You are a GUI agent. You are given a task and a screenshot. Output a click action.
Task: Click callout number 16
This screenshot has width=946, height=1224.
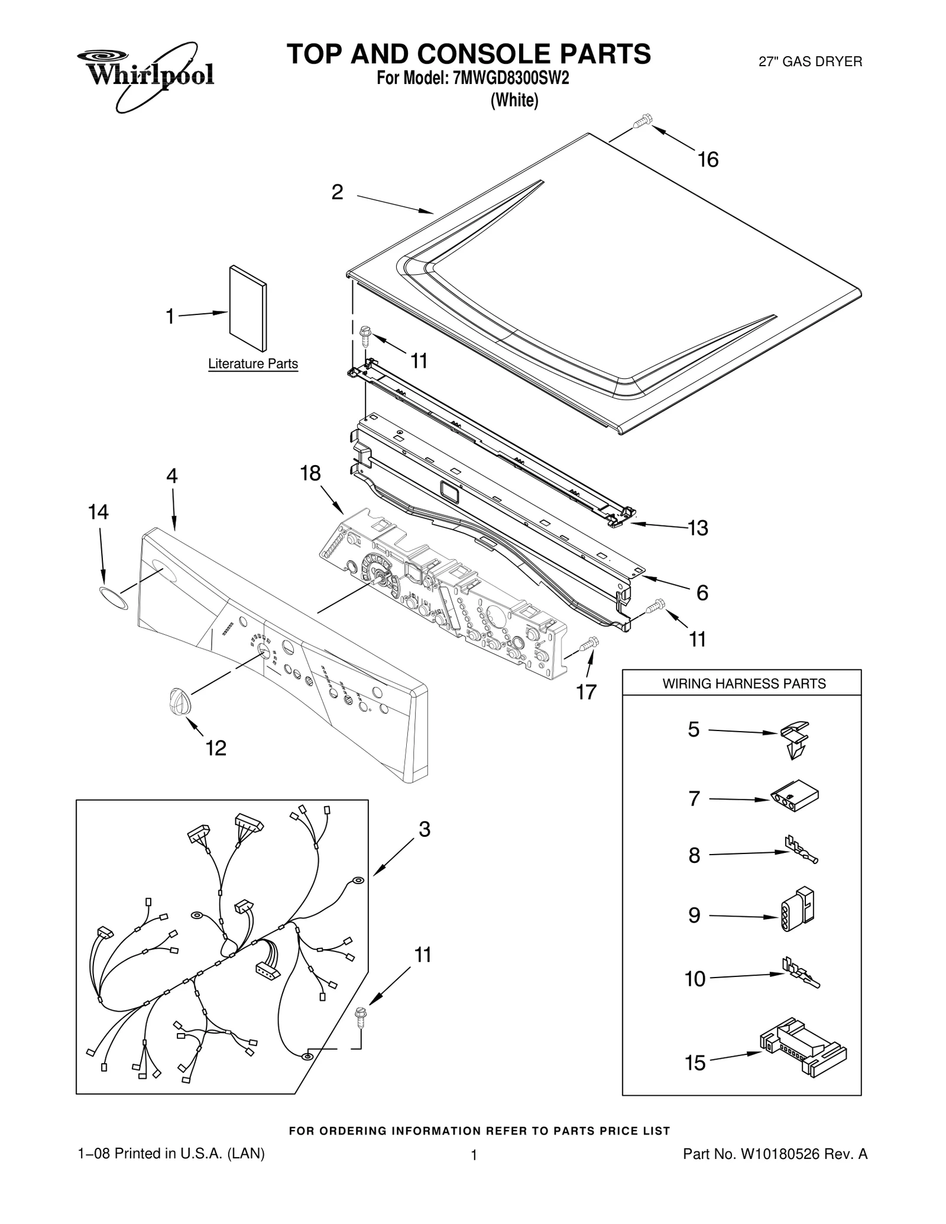point(708,160)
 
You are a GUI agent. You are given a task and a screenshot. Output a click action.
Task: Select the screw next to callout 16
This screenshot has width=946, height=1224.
point(641,122)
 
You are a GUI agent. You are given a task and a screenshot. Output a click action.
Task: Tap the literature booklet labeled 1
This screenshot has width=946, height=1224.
point(247,307)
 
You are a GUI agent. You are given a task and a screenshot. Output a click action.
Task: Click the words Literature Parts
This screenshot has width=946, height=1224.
point(252,364)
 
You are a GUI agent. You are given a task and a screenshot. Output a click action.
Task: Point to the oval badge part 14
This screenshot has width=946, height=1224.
point(113,598)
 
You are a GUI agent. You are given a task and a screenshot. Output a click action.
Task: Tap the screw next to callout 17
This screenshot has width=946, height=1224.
point(590,644)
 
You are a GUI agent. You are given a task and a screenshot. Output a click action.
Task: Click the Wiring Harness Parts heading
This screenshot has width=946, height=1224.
point(743,684)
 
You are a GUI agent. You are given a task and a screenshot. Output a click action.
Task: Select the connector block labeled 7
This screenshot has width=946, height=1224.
point(795,800)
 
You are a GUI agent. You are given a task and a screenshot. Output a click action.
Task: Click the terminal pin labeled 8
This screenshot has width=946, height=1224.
point(801,852)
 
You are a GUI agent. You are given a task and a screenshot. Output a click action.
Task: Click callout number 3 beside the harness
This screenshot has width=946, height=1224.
point(424,830)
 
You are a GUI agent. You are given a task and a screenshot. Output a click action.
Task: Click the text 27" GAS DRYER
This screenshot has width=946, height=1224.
point(810,61)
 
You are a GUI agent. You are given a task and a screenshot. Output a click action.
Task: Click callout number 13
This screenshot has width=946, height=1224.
point(698,528)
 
